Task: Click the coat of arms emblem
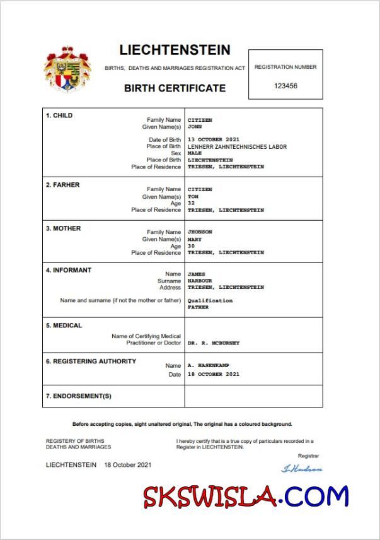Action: [67, 69]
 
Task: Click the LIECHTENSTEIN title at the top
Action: [175, 50]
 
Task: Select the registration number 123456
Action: [285, 86]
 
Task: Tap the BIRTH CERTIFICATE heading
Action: [175, 88]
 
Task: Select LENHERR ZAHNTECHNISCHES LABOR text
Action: [237, 146]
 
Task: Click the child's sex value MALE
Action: [195, 153]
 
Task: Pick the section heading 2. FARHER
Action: [62, 185]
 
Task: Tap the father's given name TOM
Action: [193, 196]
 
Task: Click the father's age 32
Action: [191, 203]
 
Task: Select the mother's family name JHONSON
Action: [200, 232]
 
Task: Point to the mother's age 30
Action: [191, 246]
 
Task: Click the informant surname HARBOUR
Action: [200, 281]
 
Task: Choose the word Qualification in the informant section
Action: [210, 300]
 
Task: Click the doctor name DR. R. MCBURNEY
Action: [213, 343]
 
